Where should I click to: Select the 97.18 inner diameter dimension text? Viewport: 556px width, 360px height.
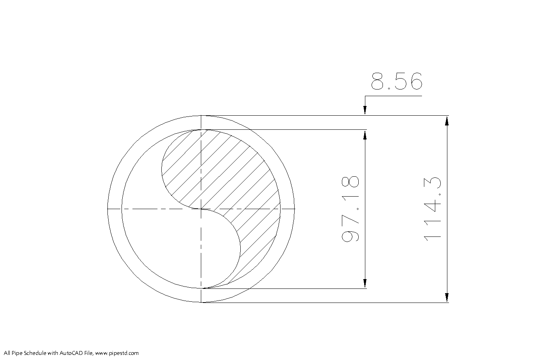[350, 209]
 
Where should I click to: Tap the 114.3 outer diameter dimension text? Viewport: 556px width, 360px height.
[433, 209]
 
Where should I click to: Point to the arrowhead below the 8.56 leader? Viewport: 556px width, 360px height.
[365, 111]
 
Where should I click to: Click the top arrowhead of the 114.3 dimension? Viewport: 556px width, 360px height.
[447, 121]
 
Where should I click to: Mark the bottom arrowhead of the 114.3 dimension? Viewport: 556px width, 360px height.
[447, 297]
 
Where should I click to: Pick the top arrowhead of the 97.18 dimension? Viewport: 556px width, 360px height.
[365, 134]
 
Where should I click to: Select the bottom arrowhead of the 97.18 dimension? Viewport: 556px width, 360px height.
[365, 283]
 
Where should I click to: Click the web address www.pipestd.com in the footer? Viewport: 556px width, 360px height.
[117, 353]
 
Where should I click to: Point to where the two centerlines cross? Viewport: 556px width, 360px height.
[201, 209]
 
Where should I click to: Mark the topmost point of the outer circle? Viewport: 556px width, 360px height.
[201, 116]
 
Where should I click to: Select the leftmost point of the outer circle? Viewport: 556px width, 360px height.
[107, 209]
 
